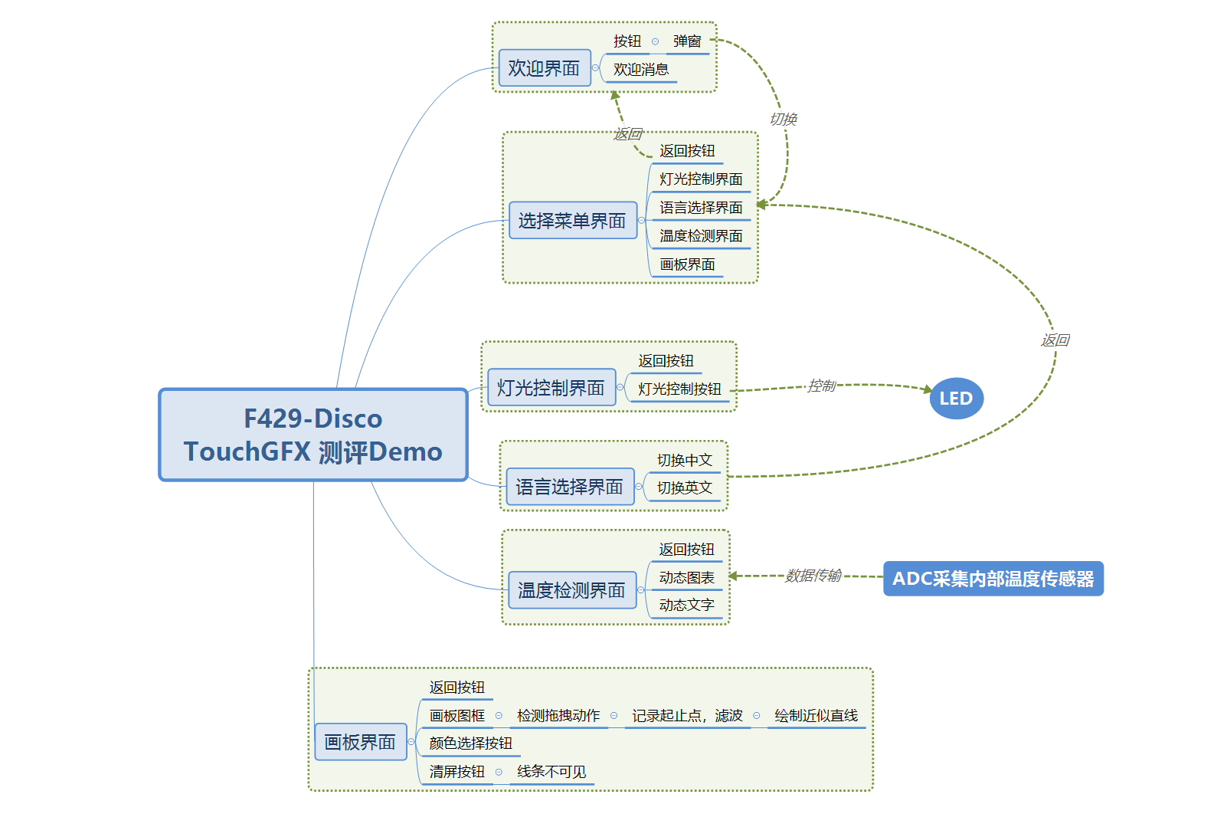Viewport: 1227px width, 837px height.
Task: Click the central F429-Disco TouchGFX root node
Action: point(312,435)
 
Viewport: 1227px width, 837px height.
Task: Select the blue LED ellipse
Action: point(956,399)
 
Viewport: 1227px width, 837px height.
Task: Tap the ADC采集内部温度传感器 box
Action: point(993,579)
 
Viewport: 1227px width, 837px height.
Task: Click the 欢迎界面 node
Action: point(544,68)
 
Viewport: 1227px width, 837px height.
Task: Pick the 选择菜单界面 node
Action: point(572,221)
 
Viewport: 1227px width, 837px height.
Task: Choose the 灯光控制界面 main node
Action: point(551,388)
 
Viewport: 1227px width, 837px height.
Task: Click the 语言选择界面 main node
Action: point(569,487)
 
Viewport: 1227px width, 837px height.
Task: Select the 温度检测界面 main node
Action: point(571,590)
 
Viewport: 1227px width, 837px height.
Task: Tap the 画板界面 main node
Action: point(360,742)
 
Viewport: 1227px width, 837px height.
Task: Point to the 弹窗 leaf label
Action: point(687,41)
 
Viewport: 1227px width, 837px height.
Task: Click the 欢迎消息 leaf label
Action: point(640,70)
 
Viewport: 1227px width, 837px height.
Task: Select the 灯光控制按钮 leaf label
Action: point(679,389)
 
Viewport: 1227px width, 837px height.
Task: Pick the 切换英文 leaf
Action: point(684,488)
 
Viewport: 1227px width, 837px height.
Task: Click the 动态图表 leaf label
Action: point(686,578)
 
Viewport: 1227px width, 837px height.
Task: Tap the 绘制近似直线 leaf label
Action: point(816,716)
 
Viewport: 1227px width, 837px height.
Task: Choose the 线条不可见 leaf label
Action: point(551,772)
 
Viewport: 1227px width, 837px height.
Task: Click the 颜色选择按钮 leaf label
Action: point(470,743)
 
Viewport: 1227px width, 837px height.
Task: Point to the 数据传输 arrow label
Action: point(813,576)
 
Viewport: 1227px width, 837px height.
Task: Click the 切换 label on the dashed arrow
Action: point(784,119)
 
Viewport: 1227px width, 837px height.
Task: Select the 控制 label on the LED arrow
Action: point(821,386)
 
